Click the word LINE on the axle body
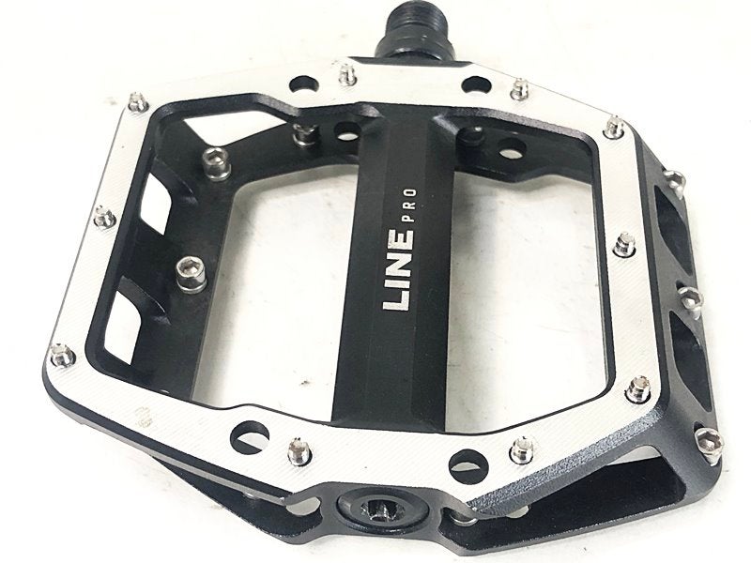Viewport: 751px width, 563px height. tap(398, 270)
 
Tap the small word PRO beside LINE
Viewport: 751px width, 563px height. tap(410, 205)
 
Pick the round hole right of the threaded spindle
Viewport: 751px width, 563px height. tap(476, 85)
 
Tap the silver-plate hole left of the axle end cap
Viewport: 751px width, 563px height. tap(249, 435)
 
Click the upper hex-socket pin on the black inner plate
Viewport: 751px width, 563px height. tap(215, 163)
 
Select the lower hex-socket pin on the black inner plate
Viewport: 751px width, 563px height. tap(192, 274)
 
